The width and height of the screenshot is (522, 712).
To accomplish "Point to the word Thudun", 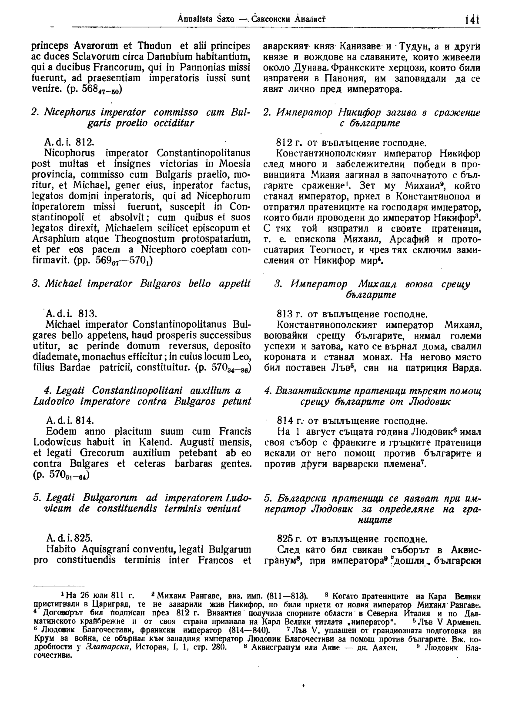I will tap(142, 46).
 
